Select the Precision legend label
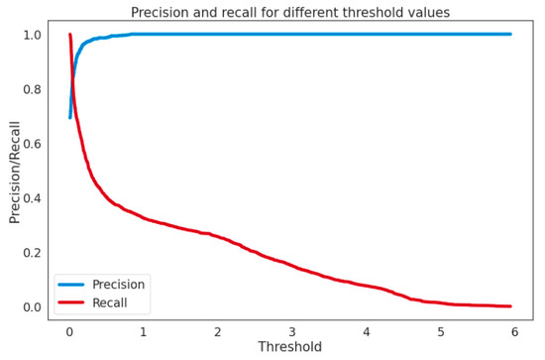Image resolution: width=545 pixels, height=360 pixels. point(118,285)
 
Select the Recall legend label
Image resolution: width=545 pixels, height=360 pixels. point(110,303)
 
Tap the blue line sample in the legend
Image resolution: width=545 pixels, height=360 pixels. point(71,285)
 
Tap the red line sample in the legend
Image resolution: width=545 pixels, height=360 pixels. point(71,303)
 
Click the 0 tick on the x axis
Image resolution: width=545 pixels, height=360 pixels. point(69,330)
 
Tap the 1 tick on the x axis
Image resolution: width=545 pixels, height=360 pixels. point(144,330)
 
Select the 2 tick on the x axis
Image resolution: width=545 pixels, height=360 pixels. point(218,330)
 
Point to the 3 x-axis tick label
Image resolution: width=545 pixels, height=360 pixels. point(292,330)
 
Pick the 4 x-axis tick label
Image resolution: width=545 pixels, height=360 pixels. point(367,330)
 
